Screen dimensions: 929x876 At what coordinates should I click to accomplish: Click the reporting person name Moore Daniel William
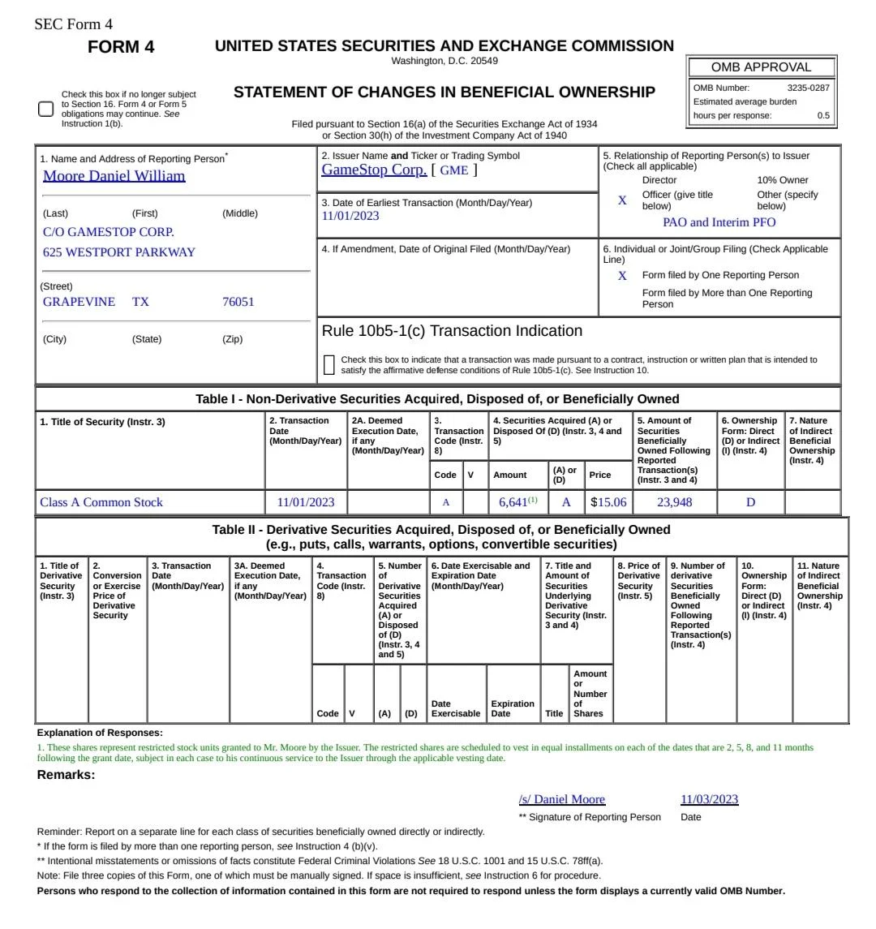coord(114,176)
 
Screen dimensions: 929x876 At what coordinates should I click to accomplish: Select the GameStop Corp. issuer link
coord(374,170)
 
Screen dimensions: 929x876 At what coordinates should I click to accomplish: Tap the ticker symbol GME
coord(453,170)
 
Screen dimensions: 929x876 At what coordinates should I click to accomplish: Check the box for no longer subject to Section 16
coord(46,110)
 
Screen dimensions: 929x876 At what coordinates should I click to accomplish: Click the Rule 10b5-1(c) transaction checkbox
coord(328,365)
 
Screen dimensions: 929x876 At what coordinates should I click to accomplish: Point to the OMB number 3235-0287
coord(808,88)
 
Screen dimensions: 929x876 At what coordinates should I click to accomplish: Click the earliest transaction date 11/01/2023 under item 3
coord(350,216)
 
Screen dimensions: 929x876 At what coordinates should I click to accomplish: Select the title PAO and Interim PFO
coord(719,222)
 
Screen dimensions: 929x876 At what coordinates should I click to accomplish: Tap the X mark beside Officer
coord(622,200)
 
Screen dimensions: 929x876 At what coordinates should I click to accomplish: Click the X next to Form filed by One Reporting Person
coord(622,276)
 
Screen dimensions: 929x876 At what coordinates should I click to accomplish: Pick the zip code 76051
coord(238,302)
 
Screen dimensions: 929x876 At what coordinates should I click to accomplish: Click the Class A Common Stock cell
coord(101,502)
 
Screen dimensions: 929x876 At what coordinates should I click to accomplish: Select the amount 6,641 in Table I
coord(513,502)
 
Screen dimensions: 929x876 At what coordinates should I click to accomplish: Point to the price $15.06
coord(609,502)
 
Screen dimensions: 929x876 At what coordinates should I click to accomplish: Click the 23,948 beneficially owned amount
coord(674,502)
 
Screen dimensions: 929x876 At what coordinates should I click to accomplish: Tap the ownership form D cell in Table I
coord(750,502)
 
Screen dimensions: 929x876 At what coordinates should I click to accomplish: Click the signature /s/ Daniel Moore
coord(561,799)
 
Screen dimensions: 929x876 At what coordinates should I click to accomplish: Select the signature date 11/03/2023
coord(709,799)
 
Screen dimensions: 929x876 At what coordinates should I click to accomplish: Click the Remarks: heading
coord(67,775)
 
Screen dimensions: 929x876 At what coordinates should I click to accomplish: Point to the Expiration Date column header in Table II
coord(513,708)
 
